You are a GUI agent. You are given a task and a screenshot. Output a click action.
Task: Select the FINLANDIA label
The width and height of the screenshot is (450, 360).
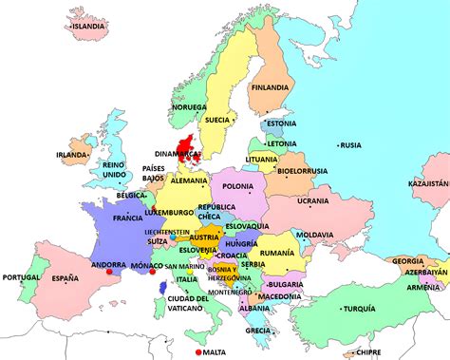269,88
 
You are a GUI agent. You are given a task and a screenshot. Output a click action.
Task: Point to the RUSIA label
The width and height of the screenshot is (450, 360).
350,145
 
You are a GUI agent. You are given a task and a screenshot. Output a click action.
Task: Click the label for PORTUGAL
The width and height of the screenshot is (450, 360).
22,277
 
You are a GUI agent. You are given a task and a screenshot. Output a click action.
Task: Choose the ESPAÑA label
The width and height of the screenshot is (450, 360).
66,278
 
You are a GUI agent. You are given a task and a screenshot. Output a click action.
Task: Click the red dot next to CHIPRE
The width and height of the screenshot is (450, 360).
349,352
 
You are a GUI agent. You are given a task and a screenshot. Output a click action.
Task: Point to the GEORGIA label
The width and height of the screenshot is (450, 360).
408,260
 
